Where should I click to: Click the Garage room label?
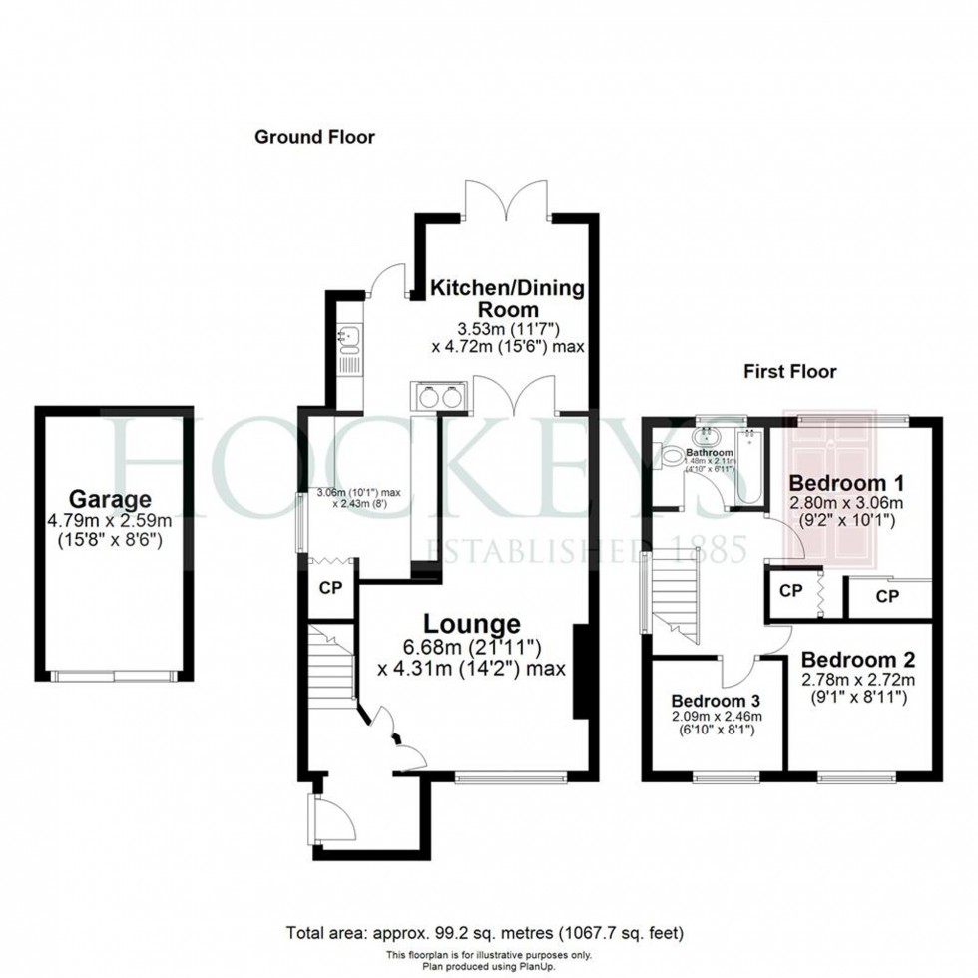click(110, 498)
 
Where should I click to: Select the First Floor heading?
click(790, 372)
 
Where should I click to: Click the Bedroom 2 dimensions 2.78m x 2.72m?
click(855, 680)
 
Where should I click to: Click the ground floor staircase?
click(332, 667)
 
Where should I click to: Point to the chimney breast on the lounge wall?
click(579, 672)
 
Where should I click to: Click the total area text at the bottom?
click(485, 934)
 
